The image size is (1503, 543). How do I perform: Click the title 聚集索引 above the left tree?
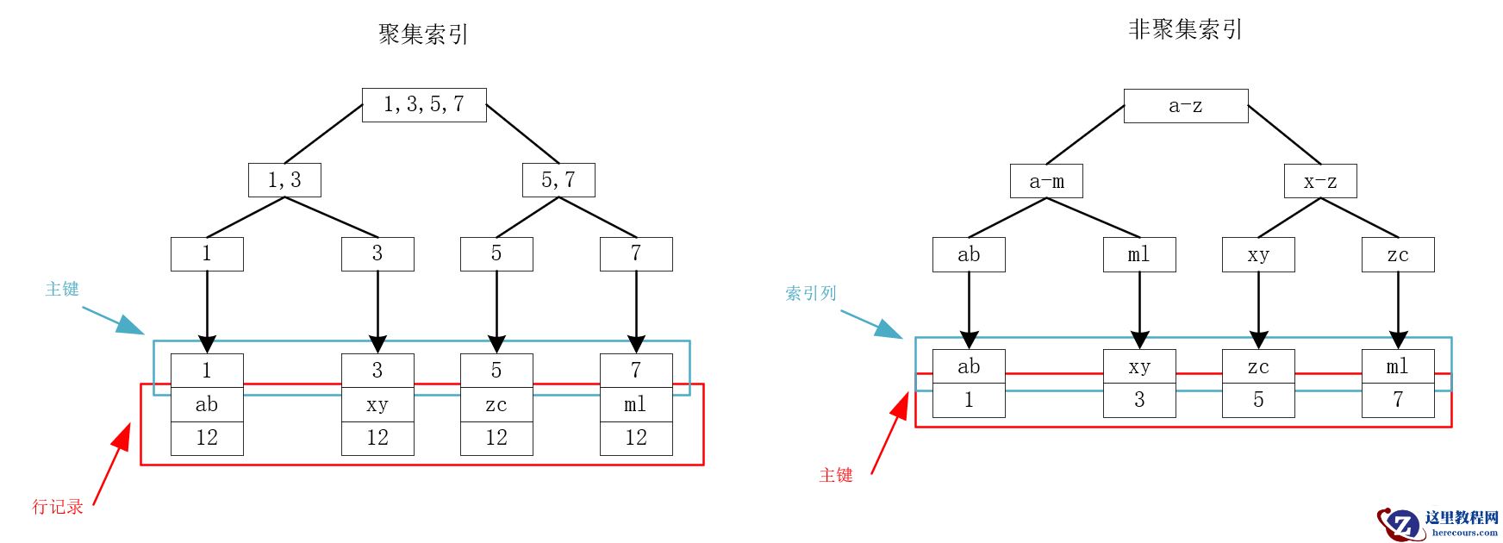(423, 34)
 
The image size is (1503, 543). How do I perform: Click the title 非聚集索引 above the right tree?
(1185, 30)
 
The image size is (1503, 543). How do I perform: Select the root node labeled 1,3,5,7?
(424, 105)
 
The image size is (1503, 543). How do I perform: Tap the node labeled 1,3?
(284, 180)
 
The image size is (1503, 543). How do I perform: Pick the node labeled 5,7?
(558, 180)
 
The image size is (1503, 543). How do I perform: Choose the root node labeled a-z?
(1186, 106)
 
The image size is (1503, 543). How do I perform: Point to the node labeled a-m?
(1046, 182)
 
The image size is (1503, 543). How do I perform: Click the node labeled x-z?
(1320, 182)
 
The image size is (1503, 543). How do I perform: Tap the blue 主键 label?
(62, 290)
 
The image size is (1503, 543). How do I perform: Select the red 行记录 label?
(58, 507)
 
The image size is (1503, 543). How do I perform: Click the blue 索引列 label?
(811, 294)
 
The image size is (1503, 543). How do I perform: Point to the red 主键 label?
(836, 475)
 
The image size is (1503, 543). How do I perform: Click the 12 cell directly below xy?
(377, 439)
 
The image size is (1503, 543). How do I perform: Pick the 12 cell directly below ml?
(636, 439)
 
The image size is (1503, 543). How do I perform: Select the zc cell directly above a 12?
(496, 405)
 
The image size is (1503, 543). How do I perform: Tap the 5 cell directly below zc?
(1258, 401)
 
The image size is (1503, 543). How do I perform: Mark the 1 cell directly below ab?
(969, 401)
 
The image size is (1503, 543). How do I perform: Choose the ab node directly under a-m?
(969, 255)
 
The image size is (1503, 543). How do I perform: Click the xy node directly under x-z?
(1258, 255)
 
